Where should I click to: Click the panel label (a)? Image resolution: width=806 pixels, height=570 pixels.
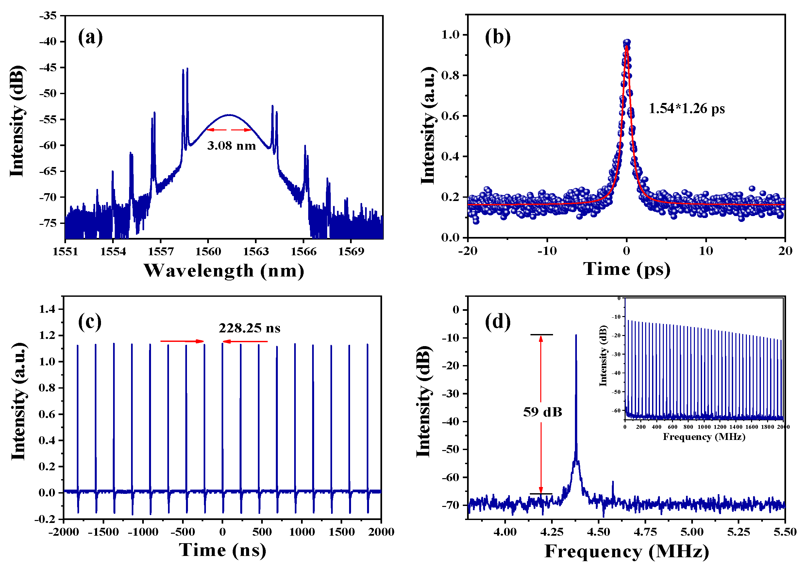click(x=91, y=37)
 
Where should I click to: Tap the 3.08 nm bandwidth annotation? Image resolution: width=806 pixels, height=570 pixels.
click(x=232, y=145)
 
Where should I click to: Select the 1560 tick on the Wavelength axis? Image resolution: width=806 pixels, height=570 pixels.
click(x=208, y=251)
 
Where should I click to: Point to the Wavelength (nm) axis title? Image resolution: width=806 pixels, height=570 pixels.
click(x=224, y=271)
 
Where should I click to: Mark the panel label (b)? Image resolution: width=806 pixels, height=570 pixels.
click(x=498, y=37)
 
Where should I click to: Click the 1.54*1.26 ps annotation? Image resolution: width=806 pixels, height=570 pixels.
click(x=687, y=109)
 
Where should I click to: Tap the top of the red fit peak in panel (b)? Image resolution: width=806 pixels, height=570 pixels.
click(x=627, y=45)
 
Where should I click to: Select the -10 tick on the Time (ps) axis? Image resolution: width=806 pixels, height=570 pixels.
click(x=547, y=251)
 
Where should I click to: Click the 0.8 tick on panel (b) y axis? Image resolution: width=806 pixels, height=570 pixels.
click(x=450, y=75)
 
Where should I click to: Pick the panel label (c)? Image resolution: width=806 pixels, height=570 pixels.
click(x=90, y=322)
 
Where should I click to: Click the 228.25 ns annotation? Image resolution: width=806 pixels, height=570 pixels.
click(x=250, y=328)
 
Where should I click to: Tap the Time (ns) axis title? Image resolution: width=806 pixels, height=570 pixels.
click(x=223, y=550)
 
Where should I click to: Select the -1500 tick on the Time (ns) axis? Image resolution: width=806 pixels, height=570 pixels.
click(x=103, y=532)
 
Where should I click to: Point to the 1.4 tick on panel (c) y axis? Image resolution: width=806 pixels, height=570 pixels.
click(x=47, y=309)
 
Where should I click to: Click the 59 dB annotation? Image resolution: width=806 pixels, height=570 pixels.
click(x=543, y=412)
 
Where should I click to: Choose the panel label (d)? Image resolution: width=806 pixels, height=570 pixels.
click(x=498, y=322)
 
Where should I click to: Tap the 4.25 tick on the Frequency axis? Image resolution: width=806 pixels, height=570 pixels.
click(x=552, y=532)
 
